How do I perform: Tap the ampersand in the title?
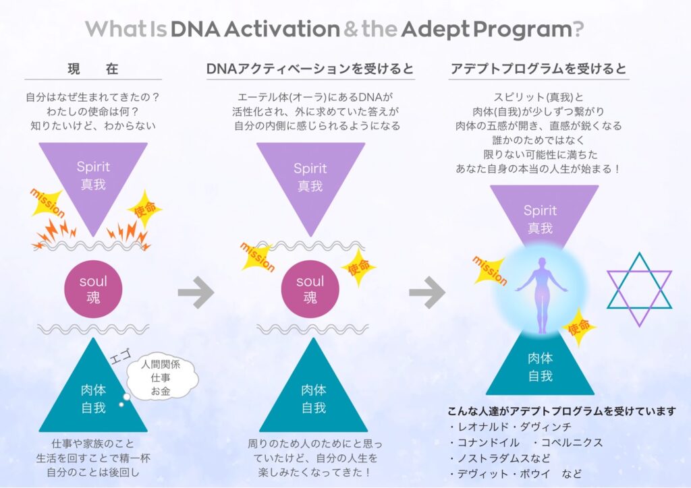tap(352, 30)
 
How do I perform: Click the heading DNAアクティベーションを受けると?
tap(310, 69)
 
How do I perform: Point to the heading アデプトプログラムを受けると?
tap(538, 69)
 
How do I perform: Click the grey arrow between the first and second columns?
tap(196, 292)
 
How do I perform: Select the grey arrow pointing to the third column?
tap(427, 292)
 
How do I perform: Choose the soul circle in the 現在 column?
tap(92, 289)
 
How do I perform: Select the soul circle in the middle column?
tap(310, 289)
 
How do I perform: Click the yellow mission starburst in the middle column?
tap(258, 255)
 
